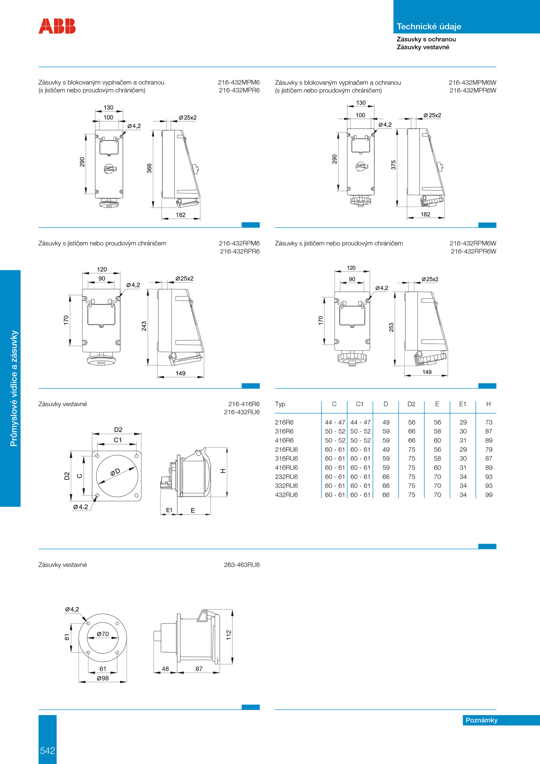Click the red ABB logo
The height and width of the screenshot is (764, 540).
pyautogui.click(x=57, y=26)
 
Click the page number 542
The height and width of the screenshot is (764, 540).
pyautogui.click(x=47, y=750)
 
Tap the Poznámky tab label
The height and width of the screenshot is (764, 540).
pyautogui.click(x=481, y=720)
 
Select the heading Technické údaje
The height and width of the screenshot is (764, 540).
pyautogui.click(x=429, y=27)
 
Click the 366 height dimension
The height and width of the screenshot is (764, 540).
pyautogui.click(x=149, y=168)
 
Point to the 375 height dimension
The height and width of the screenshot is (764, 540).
pyautogui.click(x=394, y=165)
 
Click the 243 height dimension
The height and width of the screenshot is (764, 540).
pyautogui.click(x=144, y=326)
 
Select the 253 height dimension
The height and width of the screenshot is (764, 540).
pyautogui.click(x=391, y=327)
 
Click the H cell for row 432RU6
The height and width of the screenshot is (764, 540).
pyautogui.click(x=489, y=495)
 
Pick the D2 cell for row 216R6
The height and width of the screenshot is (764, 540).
pyautogui.click(x=412, y=422)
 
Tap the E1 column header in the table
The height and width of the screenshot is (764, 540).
pyautogui.click(x=462, y=404)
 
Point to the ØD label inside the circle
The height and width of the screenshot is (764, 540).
pyautogui.click(x=115, y=472)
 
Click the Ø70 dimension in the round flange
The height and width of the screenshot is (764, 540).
pyautogui.click(x=103, y=634)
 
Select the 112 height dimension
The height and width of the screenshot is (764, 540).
pyautogui.click(x=229, y=635)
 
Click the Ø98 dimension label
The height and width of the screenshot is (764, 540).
pyautogui.click(x=103, y=678)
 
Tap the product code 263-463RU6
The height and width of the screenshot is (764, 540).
pyautogui.click(x=242, y=565)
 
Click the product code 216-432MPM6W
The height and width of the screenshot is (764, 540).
pyautogui.click(x=472, y=83)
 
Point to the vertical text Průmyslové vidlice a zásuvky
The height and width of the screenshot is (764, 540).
pyautogui.click(x=13, y=389)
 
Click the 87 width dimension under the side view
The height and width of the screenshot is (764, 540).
pyautogui.click(x=199, y=669)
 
